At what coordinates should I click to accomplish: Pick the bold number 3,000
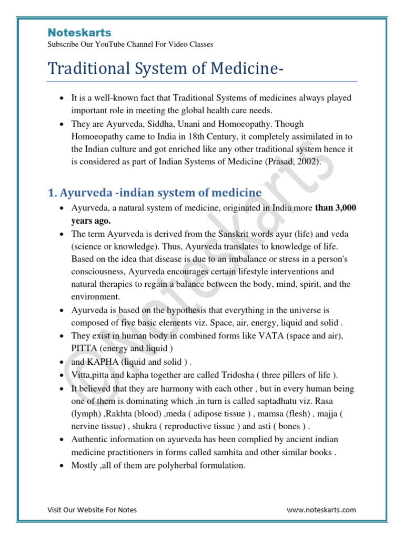[344, 208]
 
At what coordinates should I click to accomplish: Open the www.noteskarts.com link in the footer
[321, 510]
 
